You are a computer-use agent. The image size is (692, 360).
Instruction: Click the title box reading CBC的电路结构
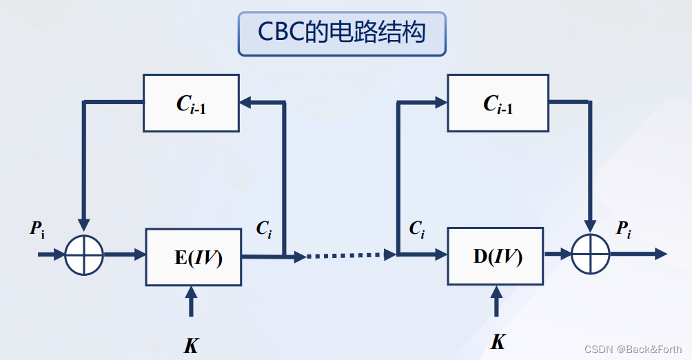[342, 32]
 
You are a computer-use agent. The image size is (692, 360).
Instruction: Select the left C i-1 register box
[191, 103]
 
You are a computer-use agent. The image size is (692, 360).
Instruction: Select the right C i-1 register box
[498, 103]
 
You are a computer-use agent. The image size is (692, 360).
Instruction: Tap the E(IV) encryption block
[194, 257]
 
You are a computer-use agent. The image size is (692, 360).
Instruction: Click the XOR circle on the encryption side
[84, 255]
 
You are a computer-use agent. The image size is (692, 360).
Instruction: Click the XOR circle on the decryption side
[591, 254]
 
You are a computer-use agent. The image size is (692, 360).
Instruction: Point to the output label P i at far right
[623, 229]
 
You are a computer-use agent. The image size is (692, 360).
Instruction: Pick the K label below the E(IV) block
[191, 346]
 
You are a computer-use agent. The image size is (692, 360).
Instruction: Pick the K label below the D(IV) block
[497, 341]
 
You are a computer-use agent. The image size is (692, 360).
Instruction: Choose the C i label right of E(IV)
[264, 230]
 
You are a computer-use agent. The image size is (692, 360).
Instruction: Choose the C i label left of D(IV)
[417, 229]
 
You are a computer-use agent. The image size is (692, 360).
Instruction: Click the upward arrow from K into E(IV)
[192, 303]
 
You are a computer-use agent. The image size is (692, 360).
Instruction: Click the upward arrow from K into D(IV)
[496, 301]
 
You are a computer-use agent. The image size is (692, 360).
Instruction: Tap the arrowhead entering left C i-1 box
[246, 103]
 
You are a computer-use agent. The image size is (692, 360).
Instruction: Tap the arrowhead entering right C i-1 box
[440, 103]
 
